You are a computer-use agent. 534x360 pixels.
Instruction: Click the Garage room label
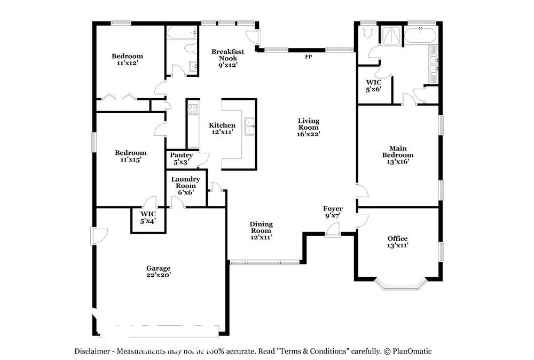pyautogui.click(x=159, y=271)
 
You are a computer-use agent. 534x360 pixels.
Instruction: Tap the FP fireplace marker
pyautogui.click(x=308, y=57)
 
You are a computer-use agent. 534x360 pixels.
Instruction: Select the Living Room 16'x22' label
pyautogui.click(x=309, y=127)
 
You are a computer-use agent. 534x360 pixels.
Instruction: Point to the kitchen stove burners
pyautogui.click(x=193, y=109)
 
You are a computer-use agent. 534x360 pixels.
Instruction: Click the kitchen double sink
pyautogui.click(x=249, y=127)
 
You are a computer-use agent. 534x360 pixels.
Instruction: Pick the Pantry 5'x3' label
pyautogui.click(x=181, y=159)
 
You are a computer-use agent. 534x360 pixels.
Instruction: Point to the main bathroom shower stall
pyautogui.click(x=391, y=35)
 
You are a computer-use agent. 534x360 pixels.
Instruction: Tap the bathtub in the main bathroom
pyautogui.click(x=420, y=35)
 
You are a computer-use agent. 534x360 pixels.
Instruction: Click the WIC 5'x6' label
pyautogui.click(x=374, y=86)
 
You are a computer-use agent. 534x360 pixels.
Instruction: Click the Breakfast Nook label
pyautogui.click(x=227, y=58)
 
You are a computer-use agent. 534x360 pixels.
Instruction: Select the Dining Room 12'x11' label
pyautogui.click(x=261, y=231)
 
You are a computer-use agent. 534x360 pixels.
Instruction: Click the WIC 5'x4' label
pyautogui.click(x=148, y=217)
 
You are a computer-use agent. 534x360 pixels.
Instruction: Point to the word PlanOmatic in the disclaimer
pyautogui.click(x=412, y=351)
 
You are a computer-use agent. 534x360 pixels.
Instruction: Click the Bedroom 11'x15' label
pyautogui.click(x=130, y=156)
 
